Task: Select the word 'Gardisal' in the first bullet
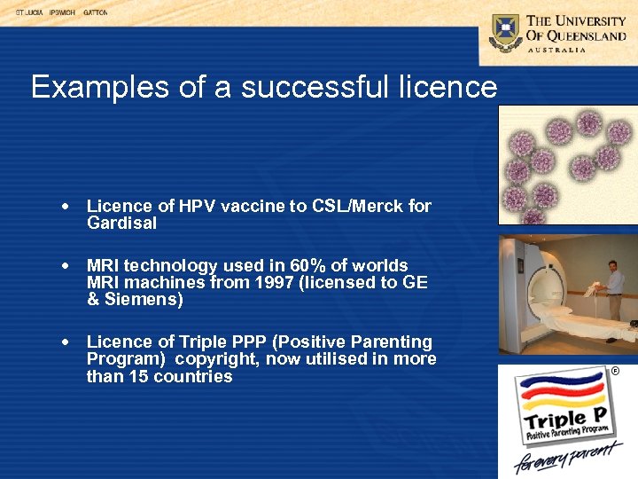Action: tap(121, 224)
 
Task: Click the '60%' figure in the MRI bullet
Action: tap(314, 265)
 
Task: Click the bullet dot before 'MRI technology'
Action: tap(66, 266)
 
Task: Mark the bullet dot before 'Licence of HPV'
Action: tap(66, 207)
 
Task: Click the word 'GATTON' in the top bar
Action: tap(96, 13)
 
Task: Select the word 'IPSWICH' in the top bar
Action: tap(62, 13)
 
